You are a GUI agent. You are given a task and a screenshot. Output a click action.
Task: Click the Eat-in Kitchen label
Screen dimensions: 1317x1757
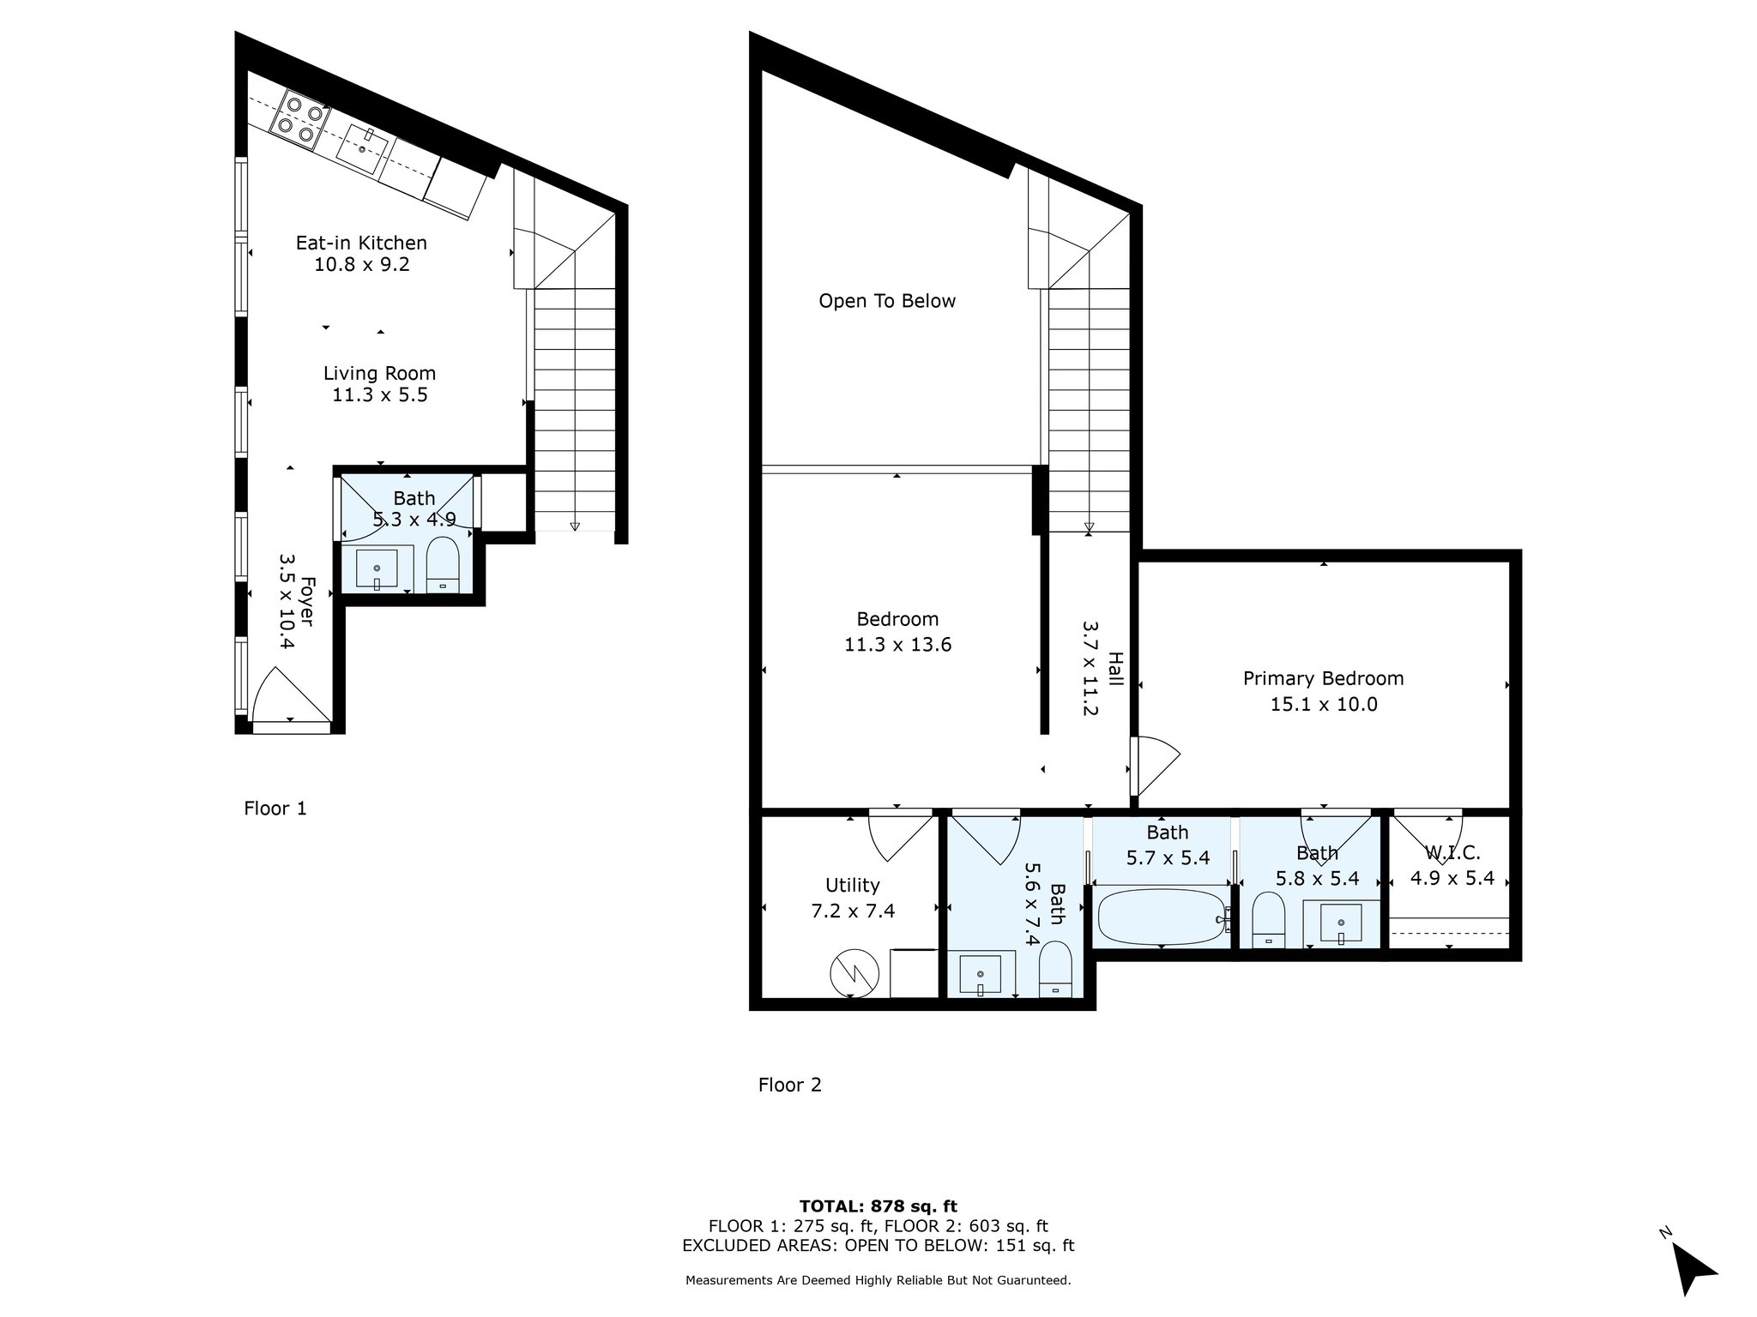tap(361, 243)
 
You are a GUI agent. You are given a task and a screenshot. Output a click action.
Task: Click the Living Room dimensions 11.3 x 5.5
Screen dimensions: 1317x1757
tap(379, 395)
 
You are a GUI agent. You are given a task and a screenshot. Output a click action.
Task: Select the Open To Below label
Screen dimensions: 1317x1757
tap(886, 301)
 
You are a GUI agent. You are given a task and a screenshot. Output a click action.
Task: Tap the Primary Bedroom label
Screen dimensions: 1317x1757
tap(1323, 678)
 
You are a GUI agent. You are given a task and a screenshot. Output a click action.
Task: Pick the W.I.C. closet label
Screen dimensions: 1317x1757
tap(1452, 853)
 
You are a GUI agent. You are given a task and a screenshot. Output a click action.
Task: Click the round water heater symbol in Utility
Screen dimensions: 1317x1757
tap(854, 973)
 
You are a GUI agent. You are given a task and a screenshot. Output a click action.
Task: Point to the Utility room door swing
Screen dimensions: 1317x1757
tap(897, 836)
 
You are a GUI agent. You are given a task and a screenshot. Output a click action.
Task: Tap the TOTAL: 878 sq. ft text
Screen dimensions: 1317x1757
tap(878, 1206)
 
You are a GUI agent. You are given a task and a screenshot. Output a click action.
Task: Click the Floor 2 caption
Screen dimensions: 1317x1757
tap(789, 1085)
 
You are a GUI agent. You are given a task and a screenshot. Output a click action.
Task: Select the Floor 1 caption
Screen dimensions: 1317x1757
tap(275, 808)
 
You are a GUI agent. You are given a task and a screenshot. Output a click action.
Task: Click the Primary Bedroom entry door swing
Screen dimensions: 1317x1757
tap(1154, 765)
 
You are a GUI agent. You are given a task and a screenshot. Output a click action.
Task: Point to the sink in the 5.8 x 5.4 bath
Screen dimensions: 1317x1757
tap(1340, 923)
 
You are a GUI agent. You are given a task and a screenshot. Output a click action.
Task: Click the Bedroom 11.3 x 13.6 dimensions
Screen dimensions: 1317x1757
tap(897, 644)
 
